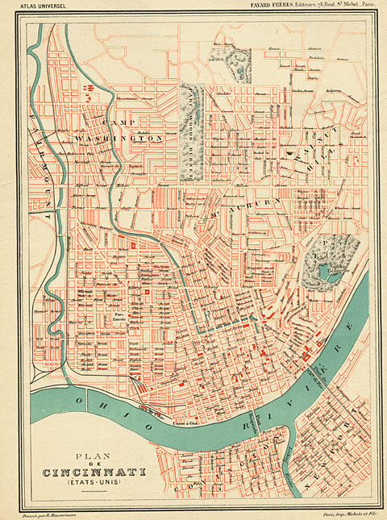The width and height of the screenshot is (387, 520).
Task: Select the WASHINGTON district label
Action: (x=130, y=139)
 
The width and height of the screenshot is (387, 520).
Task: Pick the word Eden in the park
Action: (x=330, y=260)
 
